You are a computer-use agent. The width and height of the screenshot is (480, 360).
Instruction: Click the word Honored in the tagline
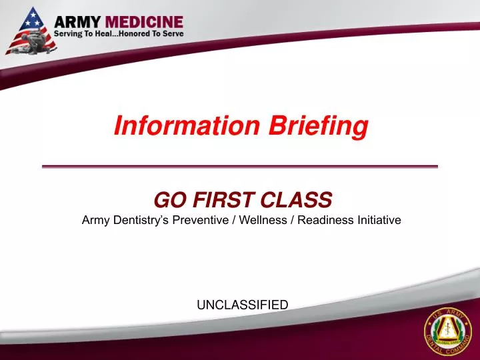pyautogui.click(x=135, y=33)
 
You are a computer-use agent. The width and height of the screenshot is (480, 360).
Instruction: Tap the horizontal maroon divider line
pyautogui.click(x=240, y=166)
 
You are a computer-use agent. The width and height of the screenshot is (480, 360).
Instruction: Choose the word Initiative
pyautogui.click(x=377, y=219)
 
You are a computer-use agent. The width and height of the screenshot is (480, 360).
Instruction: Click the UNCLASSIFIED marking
pyautogui.click(x=242, y=305)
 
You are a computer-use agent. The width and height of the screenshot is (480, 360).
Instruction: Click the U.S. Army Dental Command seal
pyautogui.click(x=447, y=332)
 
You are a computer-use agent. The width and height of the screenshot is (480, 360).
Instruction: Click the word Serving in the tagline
pyautogui.click(x=69, y=33)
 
